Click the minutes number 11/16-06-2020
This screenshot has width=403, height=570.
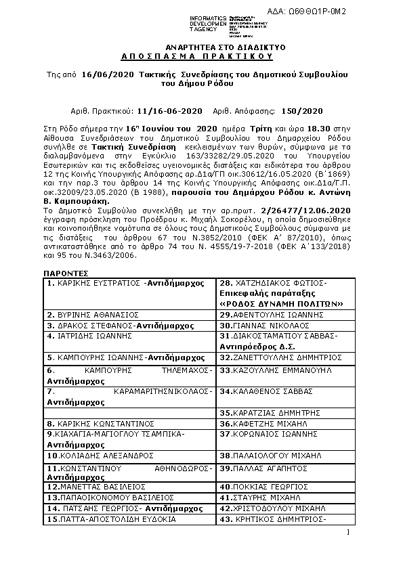(169, 110)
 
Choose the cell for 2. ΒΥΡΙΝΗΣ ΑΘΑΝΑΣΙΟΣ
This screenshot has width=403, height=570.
(93, 315)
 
